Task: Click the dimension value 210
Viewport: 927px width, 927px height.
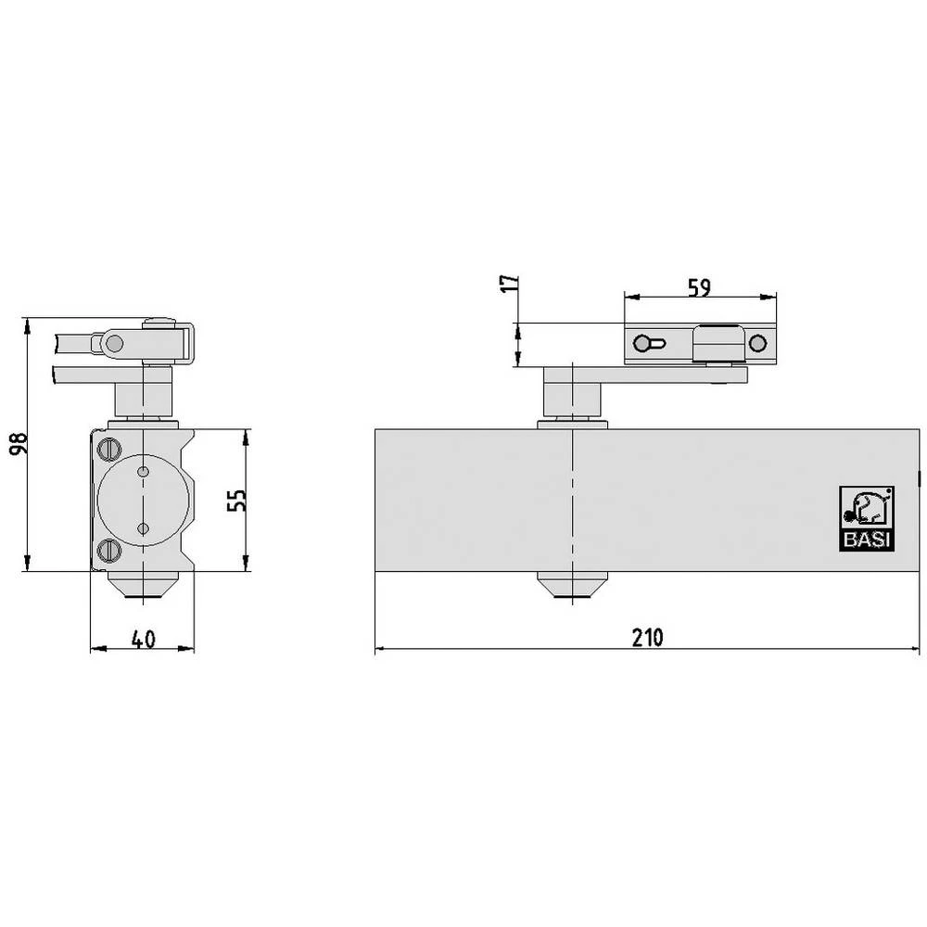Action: tap(648, 638)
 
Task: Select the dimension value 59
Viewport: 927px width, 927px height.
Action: tap(700, 287)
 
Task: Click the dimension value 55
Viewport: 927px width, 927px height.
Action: tap(236, 501)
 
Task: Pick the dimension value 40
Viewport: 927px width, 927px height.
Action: tap(142, 639)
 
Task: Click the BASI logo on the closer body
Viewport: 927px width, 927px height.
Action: tap(867, 519)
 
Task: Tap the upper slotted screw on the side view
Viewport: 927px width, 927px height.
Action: tap(109, 449)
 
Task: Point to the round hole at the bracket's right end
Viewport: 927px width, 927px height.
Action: tap(757, 344)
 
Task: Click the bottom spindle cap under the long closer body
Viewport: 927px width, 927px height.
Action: tap(572, 585)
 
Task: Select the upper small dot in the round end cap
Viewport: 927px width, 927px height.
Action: tap(143, 473)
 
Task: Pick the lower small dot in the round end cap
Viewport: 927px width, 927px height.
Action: tap(143, 527)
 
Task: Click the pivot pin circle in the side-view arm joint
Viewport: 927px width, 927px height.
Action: tap(114, 344)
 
